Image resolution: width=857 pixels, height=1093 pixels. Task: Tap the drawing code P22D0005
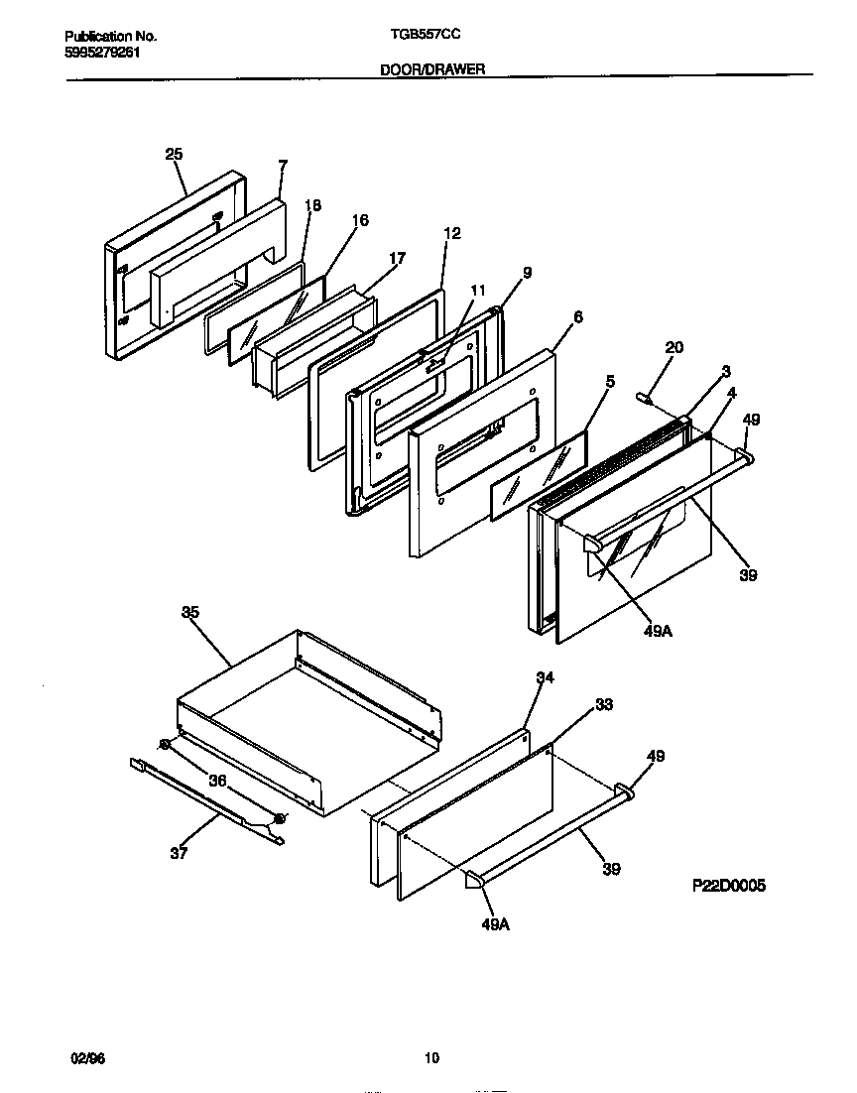(728, 886)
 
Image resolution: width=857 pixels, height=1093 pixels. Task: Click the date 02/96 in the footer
(87, 1058)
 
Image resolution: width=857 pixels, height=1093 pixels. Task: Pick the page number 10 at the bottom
(430, 1058)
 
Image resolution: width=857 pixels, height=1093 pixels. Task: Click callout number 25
(174, 154)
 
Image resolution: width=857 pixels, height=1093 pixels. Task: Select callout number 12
(452, 233)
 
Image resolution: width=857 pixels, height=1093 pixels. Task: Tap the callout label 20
(673, 347)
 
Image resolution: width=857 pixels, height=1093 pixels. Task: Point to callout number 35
(190, 612)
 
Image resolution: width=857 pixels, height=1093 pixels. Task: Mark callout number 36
(217, 781)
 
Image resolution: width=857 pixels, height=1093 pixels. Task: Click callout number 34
(545, 677)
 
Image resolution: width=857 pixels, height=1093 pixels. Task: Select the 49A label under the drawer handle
(496, 923)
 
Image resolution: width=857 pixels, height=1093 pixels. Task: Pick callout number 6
(577, 317)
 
